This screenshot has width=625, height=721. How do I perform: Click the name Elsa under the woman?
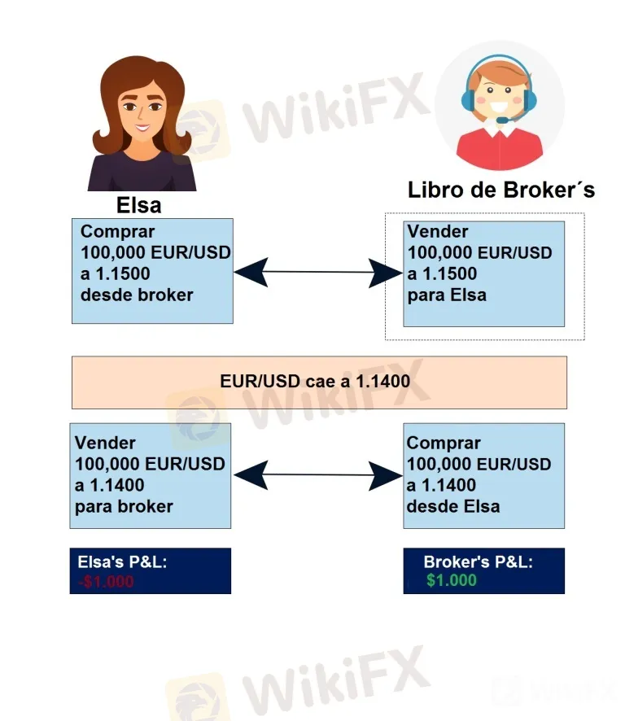coord(139,205)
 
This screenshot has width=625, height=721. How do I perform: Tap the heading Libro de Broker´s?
coord(501,190)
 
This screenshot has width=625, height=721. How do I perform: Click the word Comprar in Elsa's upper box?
coord(117,232)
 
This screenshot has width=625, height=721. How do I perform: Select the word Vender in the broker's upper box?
coord(438,231)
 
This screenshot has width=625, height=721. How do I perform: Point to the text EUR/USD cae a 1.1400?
coord(315,381)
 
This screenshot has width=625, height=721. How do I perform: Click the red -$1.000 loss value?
coord(106,582)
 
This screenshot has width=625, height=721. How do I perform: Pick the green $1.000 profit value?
coord(451,580)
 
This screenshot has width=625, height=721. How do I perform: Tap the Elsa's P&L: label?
coord(122,562)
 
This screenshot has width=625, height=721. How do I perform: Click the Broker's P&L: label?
coord(478,562)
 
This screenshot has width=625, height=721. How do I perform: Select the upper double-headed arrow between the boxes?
coord(317,273)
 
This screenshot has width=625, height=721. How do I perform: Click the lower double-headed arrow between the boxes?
coord(317,475)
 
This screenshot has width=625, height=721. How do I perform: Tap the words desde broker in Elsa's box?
coord(137,295)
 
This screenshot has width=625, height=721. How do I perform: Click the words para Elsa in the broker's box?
coord(447,295)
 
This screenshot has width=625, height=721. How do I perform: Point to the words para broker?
coord(124,507)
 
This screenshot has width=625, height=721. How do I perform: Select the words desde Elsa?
coord(453,507)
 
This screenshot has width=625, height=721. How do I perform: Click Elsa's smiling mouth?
coord(142,128)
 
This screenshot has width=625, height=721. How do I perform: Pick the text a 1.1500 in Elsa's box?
coord(115,274)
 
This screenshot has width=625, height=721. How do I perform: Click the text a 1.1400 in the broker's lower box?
coord(441,486)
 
